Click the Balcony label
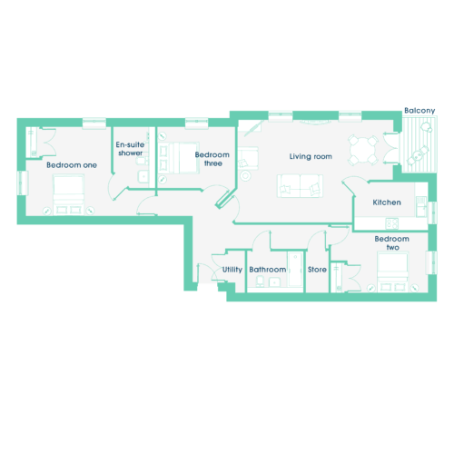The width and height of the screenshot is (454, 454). [x=419, y=111]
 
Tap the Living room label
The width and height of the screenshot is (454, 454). [x=311, y=156]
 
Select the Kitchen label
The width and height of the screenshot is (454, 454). [x=387, y=202]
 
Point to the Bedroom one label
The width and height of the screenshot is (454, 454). [x=72, y=165]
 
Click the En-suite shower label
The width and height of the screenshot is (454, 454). [x=130, y=149]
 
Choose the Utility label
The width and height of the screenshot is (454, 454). [x=232, y=270]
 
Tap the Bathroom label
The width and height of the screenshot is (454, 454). [x=268, y=270]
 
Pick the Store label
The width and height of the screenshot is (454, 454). [x=317, y=270]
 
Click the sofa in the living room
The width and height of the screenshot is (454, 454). [x=300, y=186]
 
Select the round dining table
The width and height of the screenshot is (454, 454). [x=363, y=151]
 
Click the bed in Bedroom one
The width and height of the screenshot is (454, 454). [x=69, y=194]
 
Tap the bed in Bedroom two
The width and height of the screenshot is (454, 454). [x=392, y=272]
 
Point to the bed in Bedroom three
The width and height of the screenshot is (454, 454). [x=179, y=158]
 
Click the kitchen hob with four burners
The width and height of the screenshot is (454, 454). [x=392, y=223]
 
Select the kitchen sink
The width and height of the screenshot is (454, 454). [x=420, y=206]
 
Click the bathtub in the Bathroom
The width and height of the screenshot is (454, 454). [x=295, y=269]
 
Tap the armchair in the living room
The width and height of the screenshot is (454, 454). [x=248, y=158]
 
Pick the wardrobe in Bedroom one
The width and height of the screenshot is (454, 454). [x=32, y=142]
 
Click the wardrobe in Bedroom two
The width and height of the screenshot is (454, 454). [x=337, y=278]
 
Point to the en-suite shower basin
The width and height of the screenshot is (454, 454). [x=143, y=176]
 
